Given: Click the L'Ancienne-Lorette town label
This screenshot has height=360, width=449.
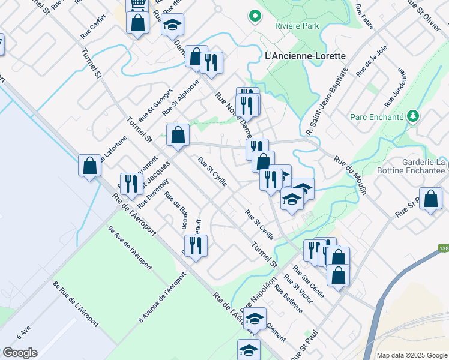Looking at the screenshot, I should click(x=305, y=56).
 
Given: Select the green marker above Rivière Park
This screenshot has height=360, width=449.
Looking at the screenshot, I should click(x=255, y=16).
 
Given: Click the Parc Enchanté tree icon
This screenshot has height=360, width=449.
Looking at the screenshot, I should click(x=412, y=115).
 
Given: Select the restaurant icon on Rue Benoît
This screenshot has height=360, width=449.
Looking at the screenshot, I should click(x=196, y=245).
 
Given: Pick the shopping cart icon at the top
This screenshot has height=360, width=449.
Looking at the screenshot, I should click(x=137, y=5).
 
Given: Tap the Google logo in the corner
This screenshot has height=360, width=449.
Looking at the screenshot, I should click(x=20, y=352).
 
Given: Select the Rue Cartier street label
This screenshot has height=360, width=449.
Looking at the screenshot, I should click(x=92, y=28).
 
